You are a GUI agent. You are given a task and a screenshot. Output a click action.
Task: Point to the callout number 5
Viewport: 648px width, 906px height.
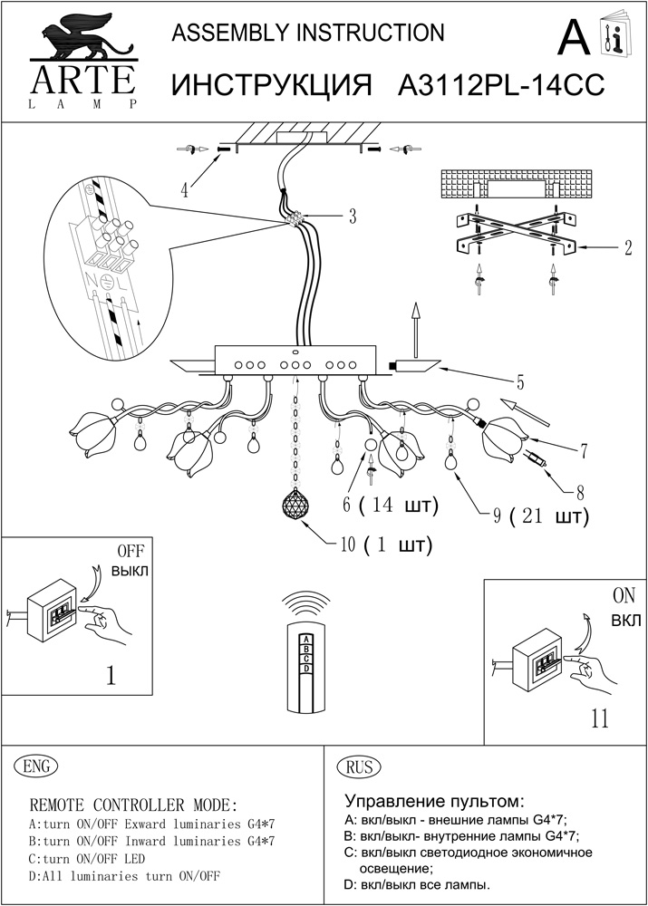coord(520,380)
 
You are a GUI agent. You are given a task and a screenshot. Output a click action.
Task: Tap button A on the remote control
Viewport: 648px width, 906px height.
coord(307,638)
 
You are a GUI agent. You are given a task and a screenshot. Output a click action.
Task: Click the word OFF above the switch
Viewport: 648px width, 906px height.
coord(131,551)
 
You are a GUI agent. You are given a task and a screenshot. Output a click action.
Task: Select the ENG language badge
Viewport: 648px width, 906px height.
coord(37,766)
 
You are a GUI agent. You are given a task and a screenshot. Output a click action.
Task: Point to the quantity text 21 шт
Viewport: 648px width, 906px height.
coord(549,517)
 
